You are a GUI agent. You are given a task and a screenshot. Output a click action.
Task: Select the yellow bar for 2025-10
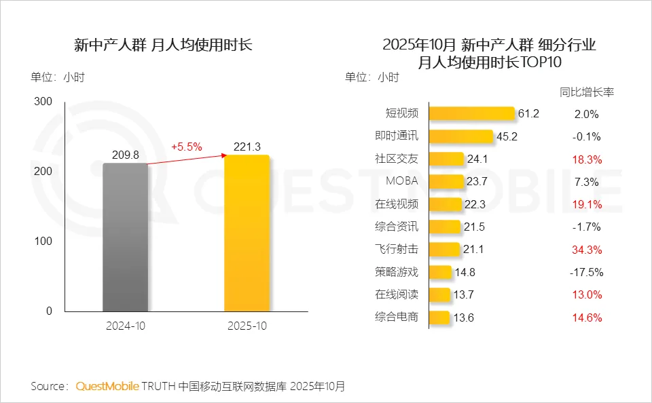click(247, 233)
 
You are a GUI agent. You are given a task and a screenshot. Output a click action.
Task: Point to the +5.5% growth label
click(186, 147)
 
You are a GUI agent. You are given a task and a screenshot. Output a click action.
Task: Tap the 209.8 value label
click(125, 154)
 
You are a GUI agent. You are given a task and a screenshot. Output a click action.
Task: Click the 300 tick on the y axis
click(43, 102)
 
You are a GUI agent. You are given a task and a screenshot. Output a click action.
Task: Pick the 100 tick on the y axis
click(43, 242)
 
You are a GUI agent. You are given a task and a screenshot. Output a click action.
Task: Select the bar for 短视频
click(472, 114)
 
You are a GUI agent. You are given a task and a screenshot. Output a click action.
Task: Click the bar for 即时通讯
click(460, 136)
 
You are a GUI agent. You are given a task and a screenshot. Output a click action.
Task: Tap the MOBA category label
click(402, 181)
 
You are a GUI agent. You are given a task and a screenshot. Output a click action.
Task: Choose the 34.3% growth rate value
click(586, 250)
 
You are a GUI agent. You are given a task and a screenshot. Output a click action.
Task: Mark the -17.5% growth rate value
click(586, 272)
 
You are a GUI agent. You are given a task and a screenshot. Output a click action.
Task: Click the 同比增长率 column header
click(586, 92)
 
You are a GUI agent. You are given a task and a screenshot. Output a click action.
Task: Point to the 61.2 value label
click(528, 114)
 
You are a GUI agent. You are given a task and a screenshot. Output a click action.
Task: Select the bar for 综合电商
click(439, 317)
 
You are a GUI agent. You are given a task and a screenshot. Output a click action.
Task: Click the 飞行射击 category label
click(397, 249)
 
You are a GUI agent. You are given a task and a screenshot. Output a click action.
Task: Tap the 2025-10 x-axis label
click(247, 326)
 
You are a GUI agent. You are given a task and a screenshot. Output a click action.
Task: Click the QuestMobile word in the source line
click(107, 387)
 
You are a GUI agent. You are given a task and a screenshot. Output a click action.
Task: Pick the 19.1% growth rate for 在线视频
click(586, 204)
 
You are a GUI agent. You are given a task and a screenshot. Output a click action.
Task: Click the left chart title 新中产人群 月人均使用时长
click(163, 45)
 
